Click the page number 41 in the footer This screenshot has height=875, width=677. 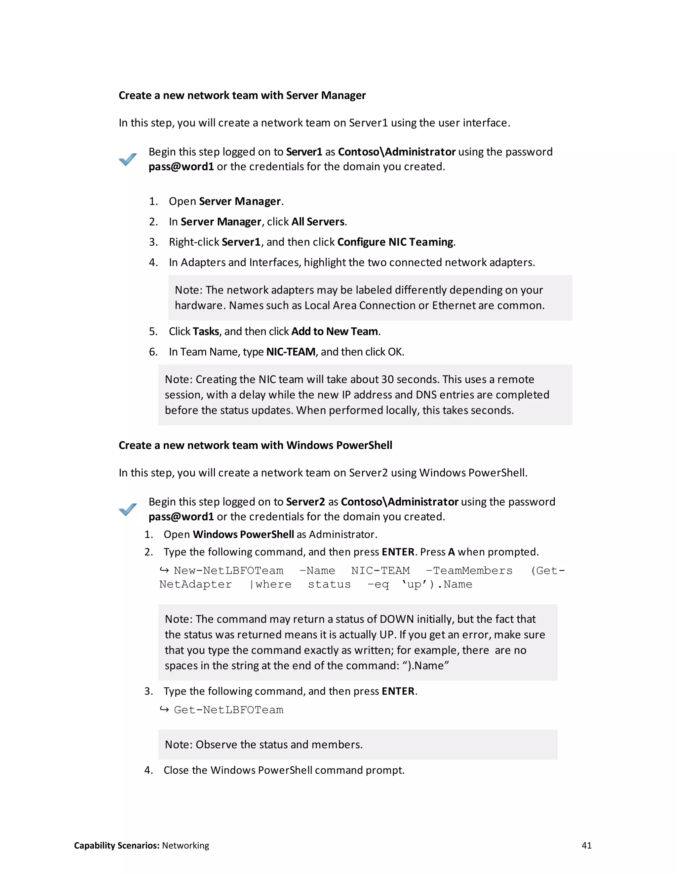point(586,845)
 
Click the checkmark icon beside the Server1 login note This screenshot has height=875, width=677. point(128,159)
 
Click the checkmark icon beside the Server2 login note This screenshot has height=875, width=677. point(128,509)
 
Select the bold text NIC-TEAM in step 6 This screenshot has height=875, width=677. point(291,352)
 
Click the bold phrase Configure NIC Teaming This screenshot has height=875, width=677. point(395,242)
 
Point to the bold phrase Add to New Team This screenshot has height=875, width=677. point(335,331)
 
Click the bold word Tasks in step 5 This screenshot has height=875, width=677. point(206,331)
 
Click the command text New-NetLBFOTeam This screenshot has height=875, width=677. point(229,571)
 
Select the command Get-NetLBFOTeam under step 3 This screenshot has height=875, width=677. point(229,710)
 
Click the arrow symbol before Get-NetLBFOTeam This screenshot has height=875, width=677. point(164,710)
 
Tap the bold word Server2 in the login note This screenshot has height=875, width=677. point(305,502)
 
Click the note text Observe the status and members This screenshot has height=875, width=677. point(279,744)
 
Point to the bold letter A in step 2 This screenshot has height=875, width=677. point(451,552)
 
